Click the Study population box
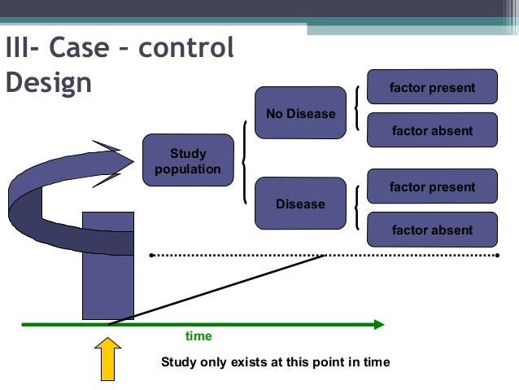click(x=188, y=161)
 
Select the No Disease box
click(x=300, y=114)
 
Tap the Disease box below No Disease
click(x=300, y=204)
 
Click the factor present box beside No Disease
click(x=432, y=87)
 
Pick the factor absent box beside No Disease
click(x=432, y=130)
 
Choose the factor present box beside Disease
click(x=432, y=186)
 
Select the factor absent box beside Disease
click(x=432, y=230)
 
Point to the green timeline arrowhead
click(x=377, y=324)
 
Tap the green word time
click(x=198, y=336)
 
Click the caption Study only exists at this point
click(x=276, y=362)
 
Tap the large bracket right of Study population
click(x=245, y=162)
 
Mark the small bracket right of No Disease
click(x=358, y=108)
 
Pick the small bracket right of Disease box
click(x=358, y=208)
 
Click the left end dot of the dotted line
click(x=151, y=256)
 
